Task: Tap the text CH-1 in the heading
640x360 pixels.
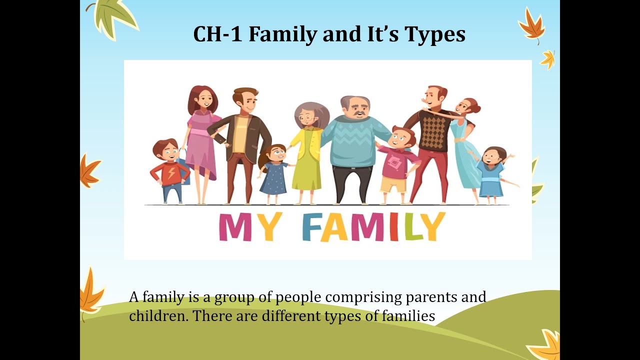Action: coord(218,34)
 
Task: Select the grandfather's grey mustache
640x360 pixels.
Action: coord(359,113)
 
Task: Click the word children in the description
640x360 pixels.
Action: coord(159,316)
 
